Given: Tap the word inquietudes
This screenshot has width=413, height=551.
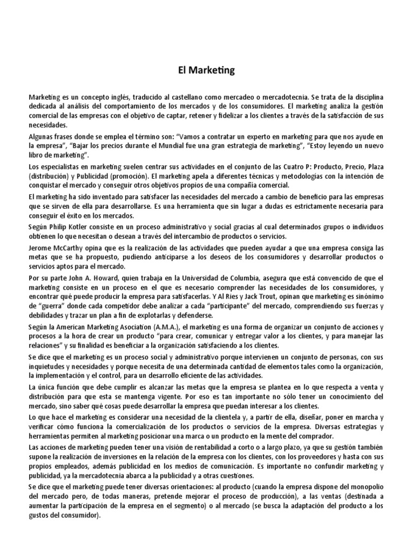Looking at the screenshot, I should (49, 365).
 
